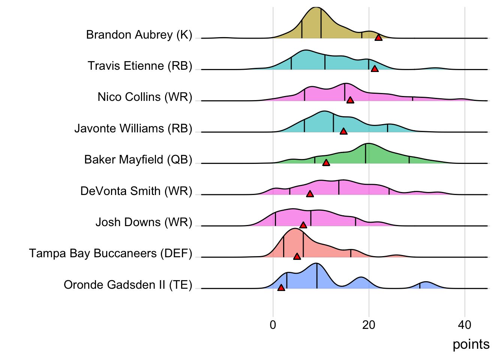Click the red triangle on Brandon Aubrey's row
pos(378,37)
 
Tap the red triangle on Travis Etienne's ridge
pos(374,69)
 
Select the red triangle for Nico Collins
pos(350,100)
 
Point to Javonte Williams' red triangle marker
pos(343,131)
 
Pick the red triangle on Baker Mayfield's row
pos(326,163)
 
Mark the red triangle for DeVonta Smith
pos(310,194)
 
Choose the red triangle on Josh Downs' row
pos(303,225)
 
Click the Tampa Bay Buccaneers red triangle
pos(297,256)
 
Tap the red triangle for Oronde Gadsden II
pos(281,288)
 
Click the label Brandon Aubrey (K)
pos(139,35)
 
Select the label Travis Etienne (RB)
pos(140,66)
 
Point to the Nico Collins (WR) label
pos(145,97)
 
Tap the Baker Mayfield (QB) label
pos(138,160)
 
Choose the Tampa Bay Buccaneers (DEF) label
pos(111,253)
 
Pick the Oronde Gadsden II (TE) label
pos(128,285)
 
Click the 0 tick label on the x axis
pos(273,325)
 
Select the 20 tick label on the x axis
pos(369,325)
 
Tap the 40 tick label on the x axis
pos(465,325)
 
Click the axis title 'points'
pos(471,344)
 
